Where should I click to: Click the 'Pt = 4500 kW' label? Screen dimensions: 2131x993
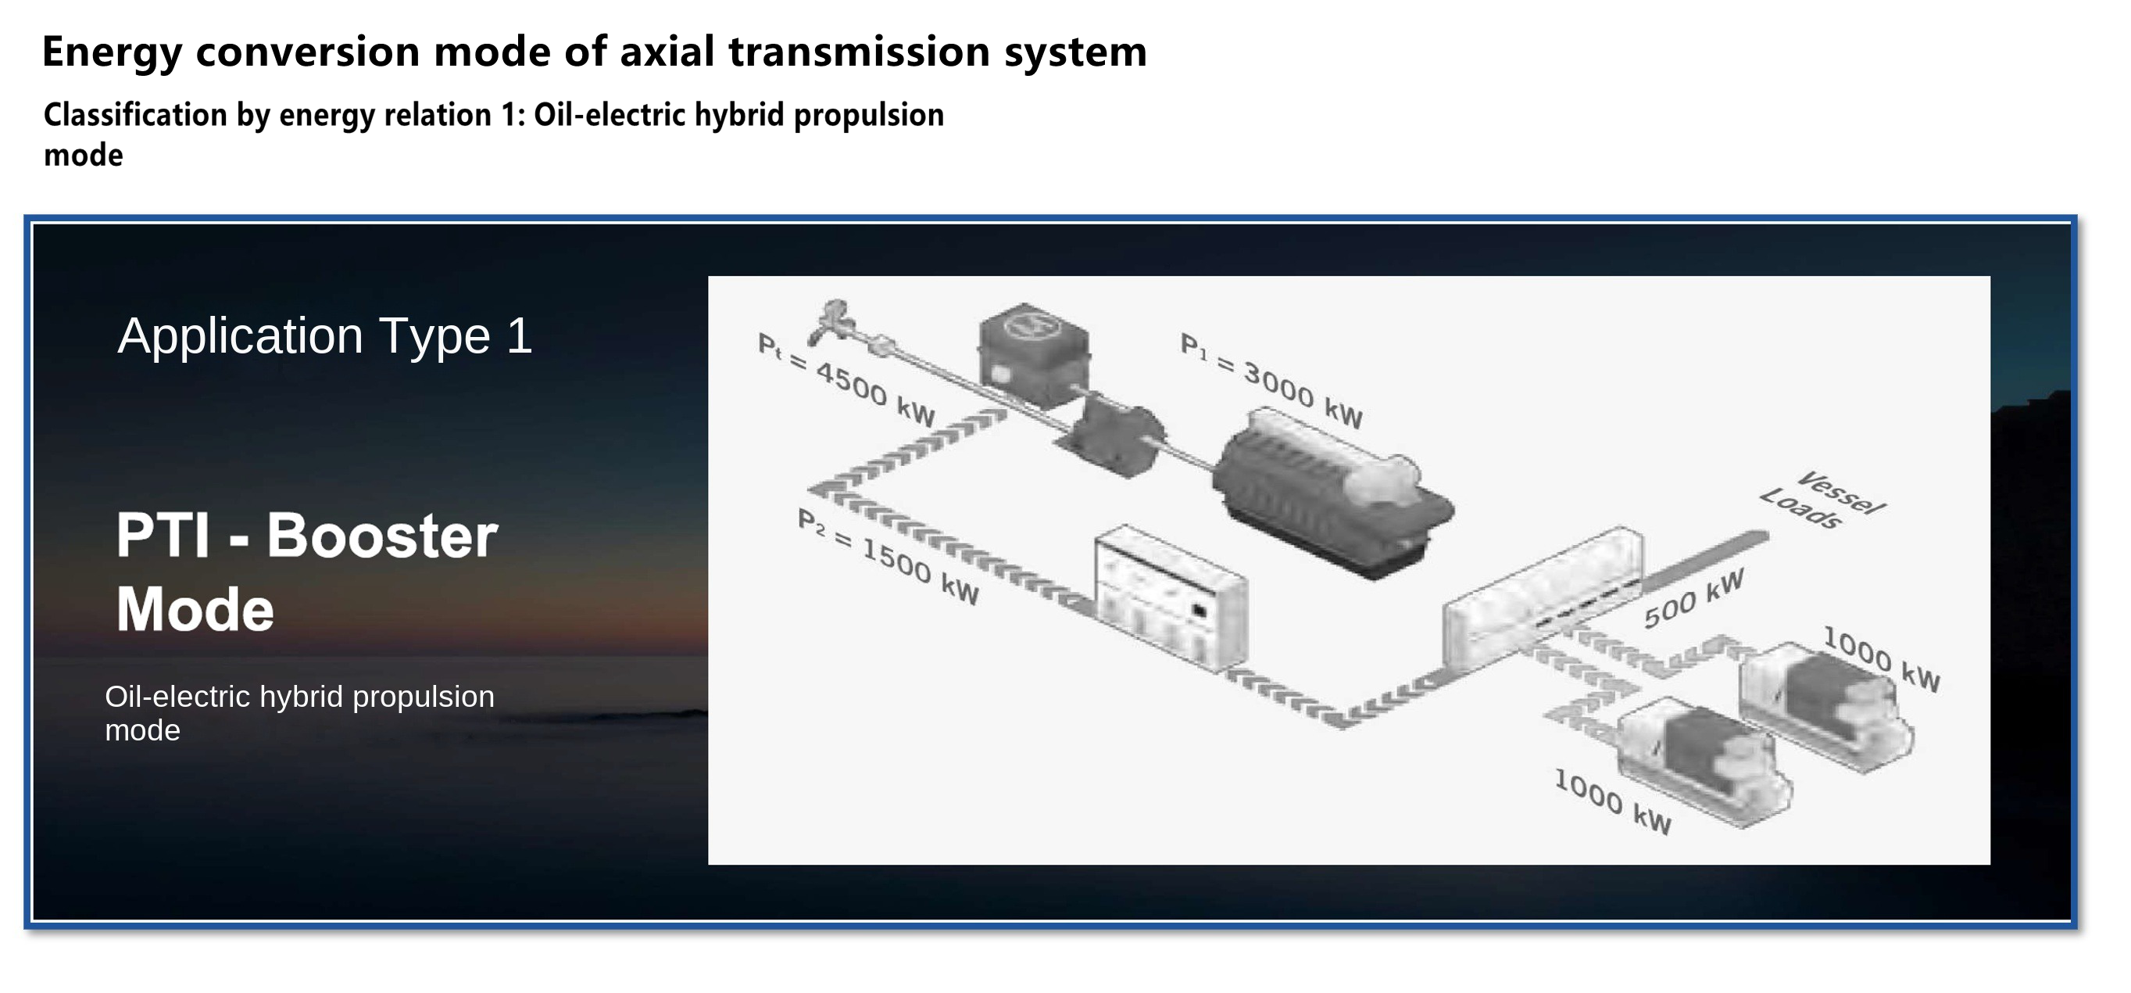[846, 380]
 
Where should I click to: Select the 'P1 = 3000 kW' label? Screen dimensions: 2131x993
[1271, 381]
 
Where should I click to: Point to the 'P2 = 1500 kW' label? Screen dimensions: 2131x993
[888, 557]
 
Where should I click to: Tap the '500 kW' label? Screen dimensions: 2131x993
[1693, 598]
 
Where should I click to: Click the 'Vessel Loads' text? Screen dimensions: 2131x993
[1823, 500]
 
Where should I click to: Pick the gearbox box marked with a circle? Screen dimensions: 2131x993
[1034, 353]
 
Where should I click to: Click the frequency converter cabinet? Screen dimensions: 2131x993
[1170, 597]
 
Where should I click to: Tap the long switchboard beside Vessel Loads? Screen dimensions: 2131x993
[1543, 597]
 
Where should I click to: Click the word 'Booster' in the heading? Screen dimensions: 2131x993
[382, 536]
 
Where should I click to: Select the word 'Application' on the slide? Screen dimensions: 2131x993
[241, 337]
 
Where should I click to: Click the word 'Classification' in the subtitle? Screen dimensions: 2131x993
[135, 115]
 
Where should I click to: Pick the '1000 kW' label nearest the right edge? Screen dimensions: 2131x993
[1881, 658]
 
